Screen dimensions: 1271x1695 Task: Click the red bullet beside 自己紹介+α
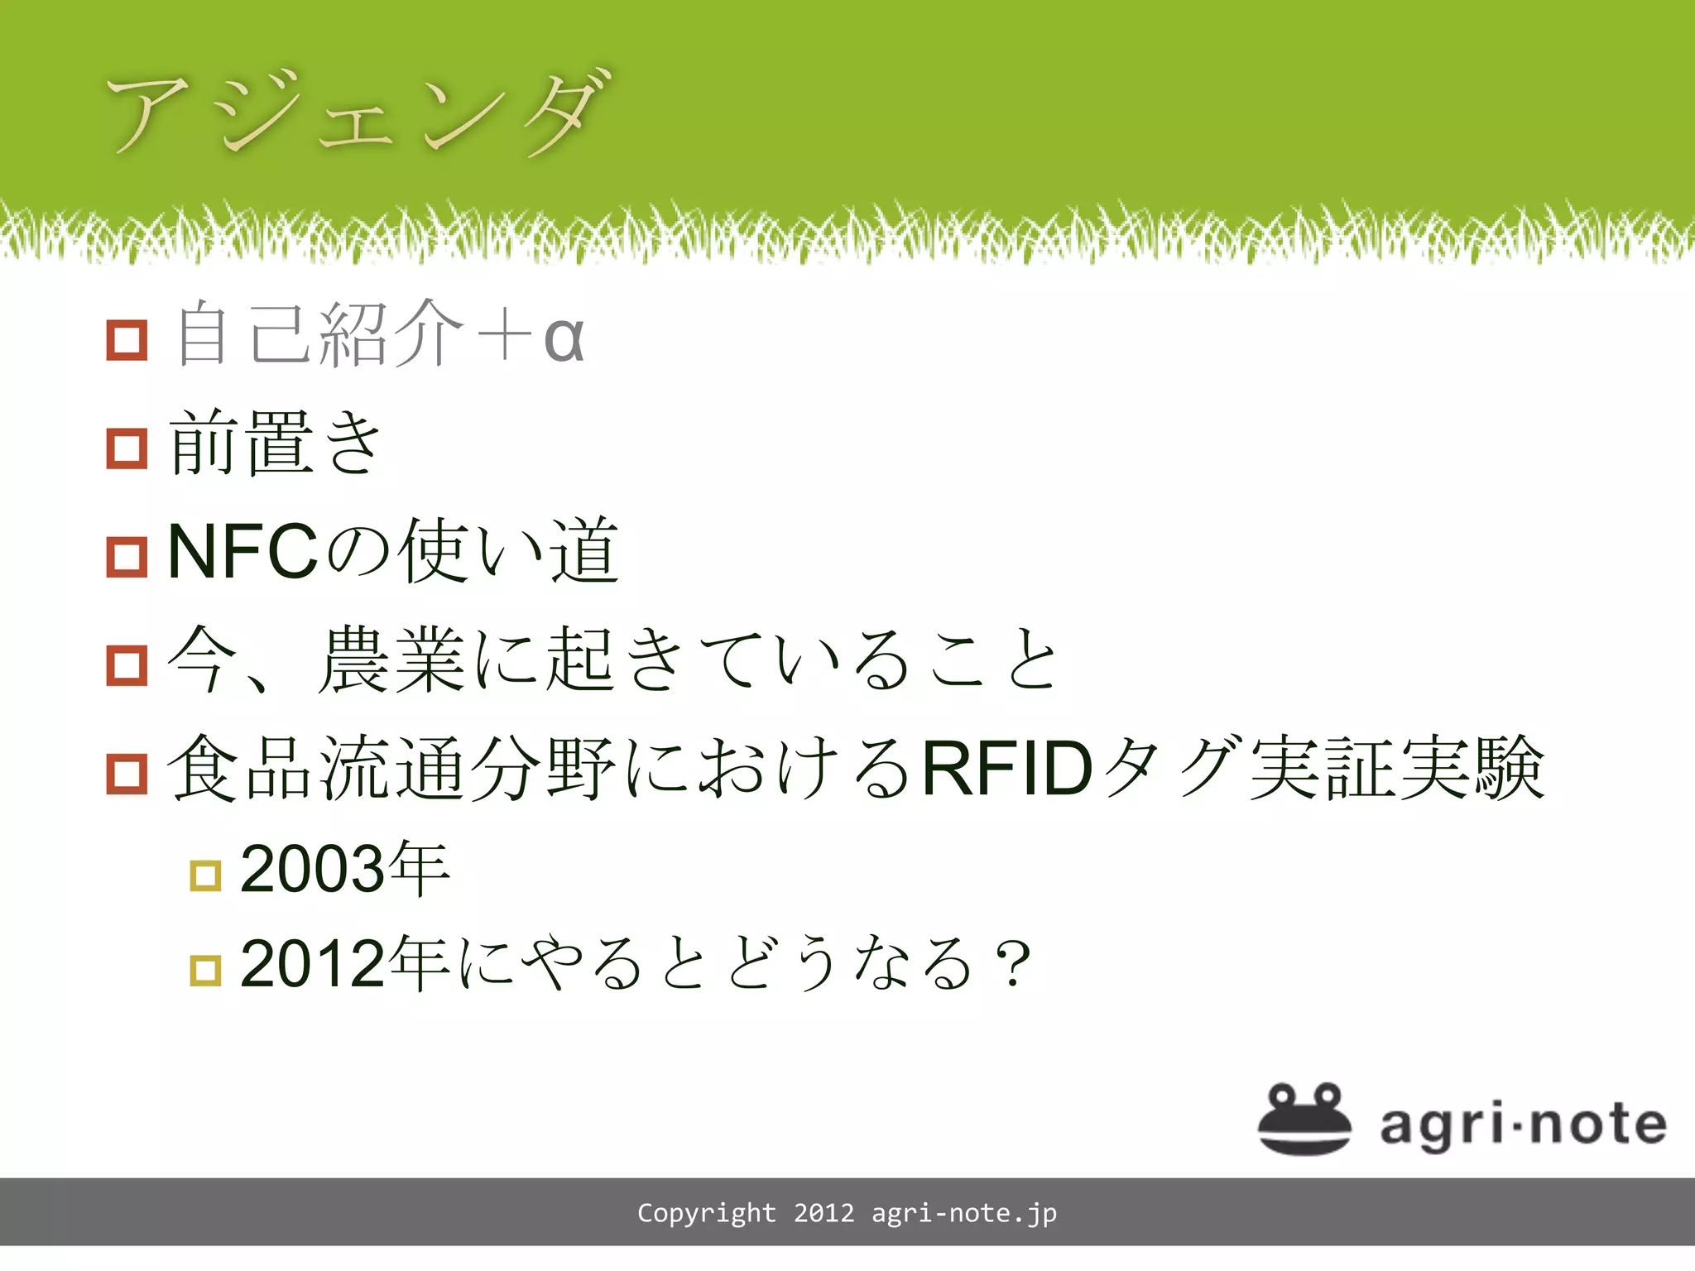(127, 339)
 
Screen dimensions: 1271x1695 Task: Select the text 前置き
(275, 444)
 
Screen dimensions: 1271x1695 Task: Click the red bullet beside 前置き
(127, 448)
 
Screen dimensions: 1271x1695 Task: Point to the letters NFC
(242, 552)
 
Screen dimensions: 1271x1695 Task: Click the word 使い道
(509, 550)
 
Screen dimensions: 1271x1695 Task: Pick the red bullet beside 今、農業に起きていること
(127, 664)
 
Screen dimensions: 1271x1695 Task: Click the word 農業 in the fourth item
(391, 659)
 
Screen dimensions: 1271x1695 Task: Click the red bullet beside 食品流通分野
(127, 774)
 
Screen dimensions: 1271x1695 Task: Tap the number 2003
(312, 869)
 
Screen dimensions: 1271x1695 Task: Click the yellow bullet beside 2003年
(205, 875)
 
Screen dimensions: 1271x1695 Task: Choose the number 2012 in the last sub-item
(312, 964)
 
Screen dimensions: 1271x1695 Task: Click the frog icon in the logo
(1304, 1119)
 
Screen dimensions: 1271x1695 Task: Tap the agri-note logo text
(1523, 1125)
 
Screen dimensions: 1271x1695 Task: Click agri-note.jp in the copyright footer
(964, 1213)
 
